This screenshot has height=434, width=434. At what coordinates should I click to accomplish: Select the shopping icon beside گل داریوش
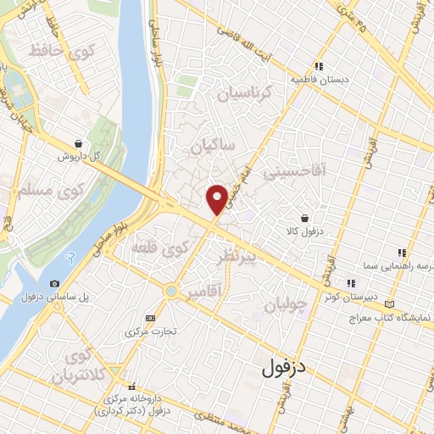(x=78, y=144)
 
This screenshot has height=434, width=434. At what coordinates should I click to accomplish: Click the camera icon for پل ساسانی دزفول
(x=54, y=283)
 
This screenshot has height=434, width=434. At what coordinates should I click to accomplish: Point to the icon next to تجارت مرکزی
(x=151, y=317)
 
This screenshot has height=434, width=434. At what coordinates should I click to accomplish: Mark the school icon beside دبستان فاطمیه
(x=319, y=66)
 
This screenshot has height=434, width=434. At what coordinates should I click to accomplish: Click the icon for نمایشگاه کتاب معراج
(x=389, y=304)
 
